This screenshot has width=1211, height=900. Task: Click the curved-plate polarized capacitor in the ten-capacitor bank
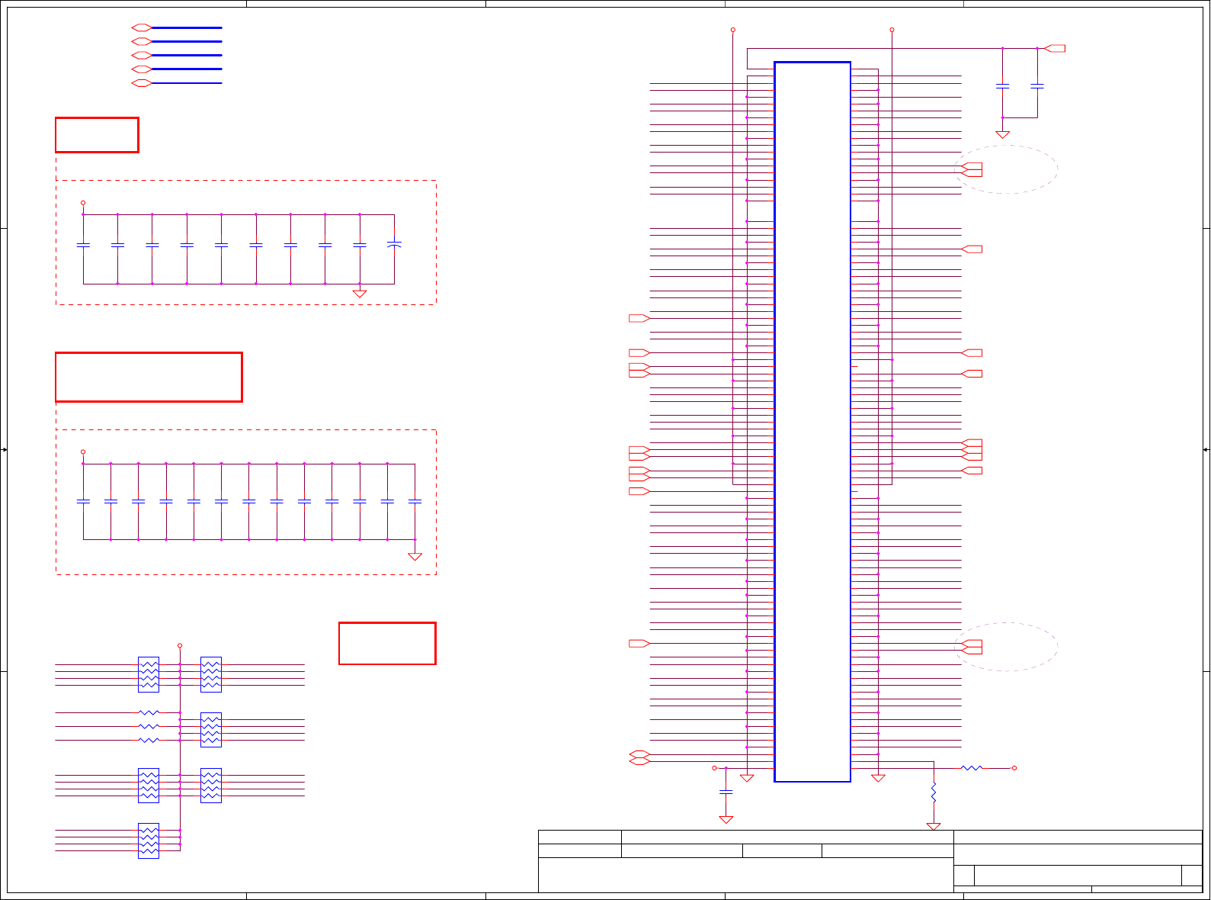pos(394,245)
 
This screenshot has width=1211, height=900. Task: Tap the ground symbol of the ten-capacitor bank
pos(360,294)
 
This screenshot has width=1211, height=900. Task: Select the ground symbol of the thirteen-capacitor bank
pos(415,557)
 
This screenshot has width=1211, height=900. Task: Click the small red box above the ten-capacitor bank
pos(97,135)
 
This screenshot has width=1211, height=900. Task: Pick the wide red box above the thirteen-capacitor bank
pos(149,377)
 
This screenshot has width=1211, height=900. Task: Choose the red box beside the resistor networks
pos(387,643)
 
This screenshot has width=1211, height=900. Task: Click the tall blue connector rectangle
pos(812,422)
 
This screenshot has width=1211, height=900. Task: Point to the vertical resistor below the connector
pos(934,792)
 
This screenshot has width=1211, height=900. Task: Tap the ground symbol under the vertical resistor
pos(934,827)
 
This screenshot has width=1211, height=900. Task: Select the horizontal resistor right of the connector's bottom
pos(972,768)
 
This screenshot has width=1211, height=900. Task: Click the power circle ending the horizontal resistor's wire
pos(1014,768)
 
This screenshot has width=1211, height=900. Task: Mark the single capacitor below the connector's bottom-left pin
pos(726,792)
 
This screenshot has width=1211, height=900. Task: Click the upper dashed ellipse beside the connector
pos(1006,169)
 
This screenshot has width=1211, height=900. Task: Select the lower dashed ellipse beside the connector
pos(1006,647)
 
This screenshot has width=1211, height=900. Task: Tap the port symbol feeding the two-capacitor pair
pos(1055,49)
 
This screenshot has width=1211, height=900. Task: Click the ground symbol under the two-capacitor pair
pos(1003,135)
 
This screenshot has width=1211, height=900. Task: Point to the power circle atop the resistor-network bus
pos(180,645)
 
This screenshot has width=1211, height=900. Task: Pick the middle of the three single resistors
pos(149,726)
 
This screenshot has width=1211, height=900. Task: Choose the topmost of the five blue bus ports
pos(142,27)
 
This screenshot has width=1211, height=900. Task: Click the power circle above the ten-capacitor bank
pos(83,203)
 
